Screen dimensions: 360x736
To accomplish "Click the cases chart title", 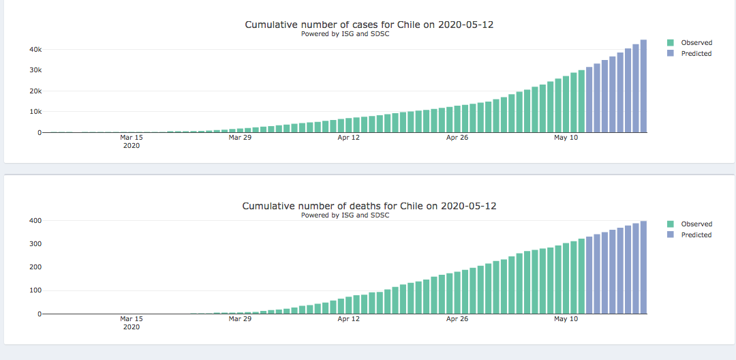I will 369,25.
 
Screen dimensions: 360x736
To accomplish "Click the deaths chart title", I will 369,206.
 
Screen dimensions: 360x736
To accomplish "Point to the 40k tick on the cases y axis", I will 34,50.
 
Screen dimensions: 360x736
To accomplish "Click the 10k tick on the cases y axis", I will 34,112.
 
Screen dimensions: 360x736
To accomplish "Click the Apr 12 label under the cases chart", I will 348,138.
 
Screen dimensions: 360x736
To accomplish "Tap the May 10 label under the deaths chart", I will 566,318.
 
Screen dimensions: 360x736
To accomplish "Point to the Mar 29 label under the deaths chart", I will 240,318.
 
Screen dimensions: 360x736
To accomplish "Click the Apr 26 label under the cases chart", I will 457,138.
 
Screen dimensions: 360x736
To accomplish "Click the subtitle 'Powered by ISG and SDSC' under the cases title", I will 345,34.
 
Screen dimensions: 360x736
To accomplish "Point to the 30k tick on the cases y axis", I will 34,70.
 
